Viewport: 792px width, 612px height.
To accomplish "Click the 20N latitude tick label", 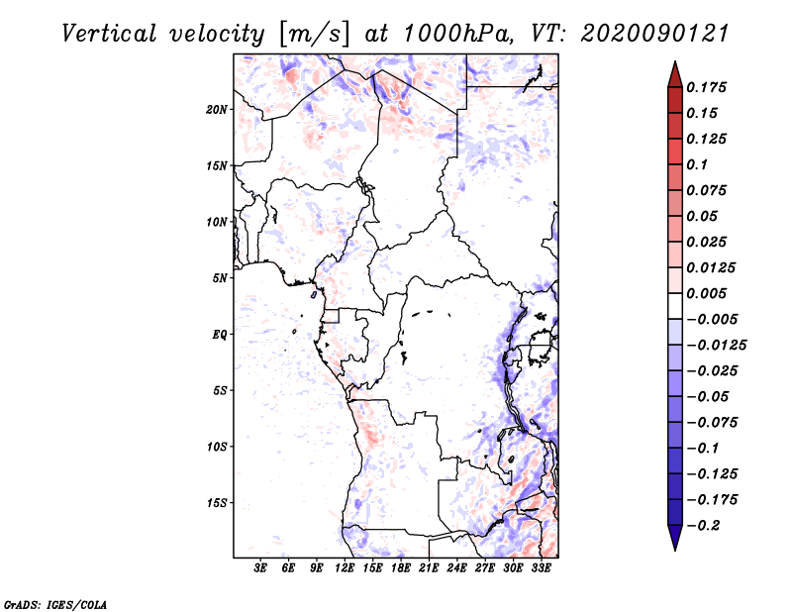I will (217, 109).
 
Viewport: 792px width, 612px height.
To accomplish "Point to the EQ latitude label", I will (219, 335).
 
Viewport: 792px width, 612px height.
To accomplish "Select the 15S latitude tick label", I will (217, 503).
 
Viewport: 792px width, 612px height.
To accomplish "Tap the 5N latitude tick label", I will (220, 278).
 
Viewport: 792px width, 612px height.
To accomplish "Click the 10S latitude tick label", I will (217, 447).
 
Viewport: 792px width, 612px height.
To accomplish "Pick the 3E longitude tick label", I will (261, 568).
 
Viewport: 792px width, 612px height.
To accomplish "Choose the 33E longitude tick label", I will (541, 568).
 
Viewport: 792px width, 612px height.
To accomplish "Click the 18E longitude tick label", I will (401, 568).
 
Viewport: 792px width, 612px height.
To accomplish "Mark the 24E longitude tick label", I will (456, 568).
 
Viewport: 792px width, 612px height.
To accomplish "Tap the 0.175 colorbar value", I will (710, 87).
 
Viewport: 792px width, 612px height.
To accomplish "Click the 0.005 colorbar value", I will (710, 293).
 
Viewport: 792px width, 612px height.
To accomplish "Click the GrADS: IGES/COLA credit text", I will (43, 603).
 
